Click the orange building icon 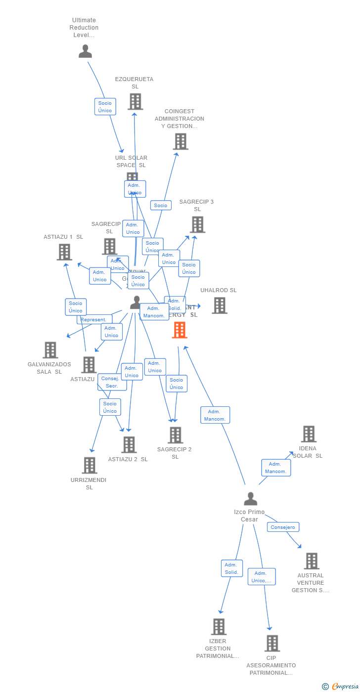click(x=180, y=330)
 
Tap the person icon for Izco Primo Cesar click(x=251, y=499)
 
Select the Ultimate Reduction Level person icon click(x=86, y=51)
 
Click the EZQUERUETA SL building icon click(x=135, y=102)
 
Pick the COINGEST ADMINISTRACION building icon click(x=180, y=141)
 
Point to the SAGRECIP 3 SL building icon click(x=197, y=224)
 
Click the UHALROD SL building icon click(x=220, y=305)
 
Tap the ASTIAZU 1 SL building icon click(x=64, y=252)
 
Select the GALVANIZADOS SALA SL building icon click(x=50, y=350)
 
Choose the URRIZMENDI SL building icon click(x=90, y=465)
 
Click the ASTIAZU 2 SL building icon click(x=129, y=444)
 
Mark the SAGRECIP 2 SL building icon click(x=175, y=435)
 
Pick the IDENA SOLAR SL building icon click(x=309, y=434)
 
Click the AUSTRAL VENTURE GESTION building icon click(x=311, y=561)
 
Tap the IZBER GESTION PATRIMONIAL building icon click(x=219, y=627)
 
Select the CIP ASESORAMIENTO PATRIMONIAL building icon click(x=272, y=643)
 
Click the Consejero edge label click(x=283, y=527)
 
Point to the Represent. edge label click(x=93, y=320)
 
